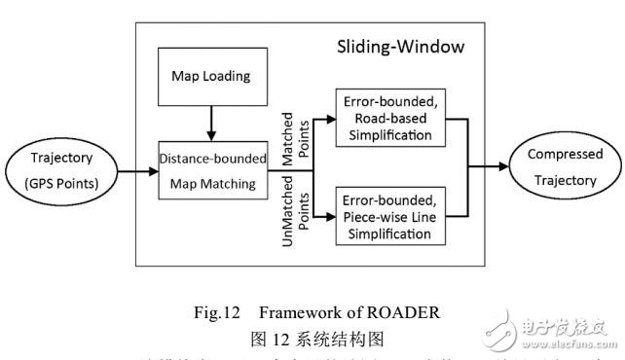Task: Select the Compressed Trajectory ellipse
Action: tap(565, 168)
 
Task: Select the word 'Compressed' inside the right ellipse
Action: tap(565, 155)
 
